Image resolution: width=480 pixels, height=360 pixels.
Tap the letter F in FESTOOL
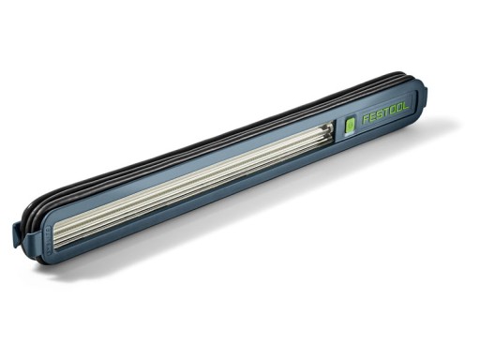click(x=366, y=121)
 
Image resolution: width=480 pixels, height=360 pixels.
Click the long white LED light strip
click(x=187, y=183)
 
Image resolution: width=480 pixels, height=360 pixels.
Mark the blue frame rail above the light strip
click(x=187, y=159)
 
